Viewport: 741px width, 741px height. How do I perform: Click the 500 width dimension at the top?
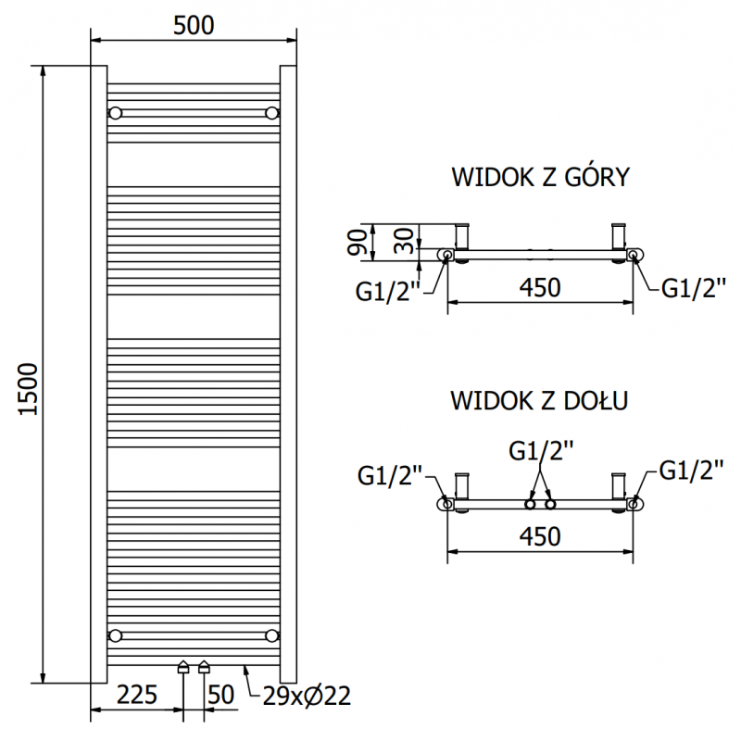tap(193, 26)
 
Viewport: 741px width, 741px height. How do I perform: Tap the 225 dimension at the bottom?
tap(135, 695)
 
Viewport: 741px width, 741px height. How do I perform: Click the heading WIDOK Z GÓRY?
tap(539, 178)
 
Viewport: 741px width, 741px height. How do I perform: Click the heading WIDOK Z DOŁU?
tap(539, 401)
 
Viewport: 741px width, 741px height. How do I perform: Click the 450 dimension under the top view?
tap(539, 289)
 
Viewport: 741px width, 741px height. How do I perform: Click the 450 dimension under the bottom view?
tap(539, 536)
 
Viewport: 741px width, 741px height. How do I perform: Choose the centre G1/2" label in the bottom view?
tap(541, 451)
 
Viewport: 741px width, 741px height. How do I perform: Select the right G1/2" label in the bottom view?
tap(691, 471)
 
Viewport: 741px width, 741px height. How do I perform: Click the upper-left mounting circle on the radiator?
tap(116, 113)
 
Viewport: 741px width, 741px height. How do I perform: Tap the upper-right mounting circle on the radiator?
tap(271, 113)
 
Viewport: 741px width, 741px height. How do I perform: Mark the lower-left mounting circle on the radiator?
tap(116, 634)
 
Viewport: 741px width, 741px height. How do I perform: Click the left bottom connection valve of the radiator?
tap(183, 666)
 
